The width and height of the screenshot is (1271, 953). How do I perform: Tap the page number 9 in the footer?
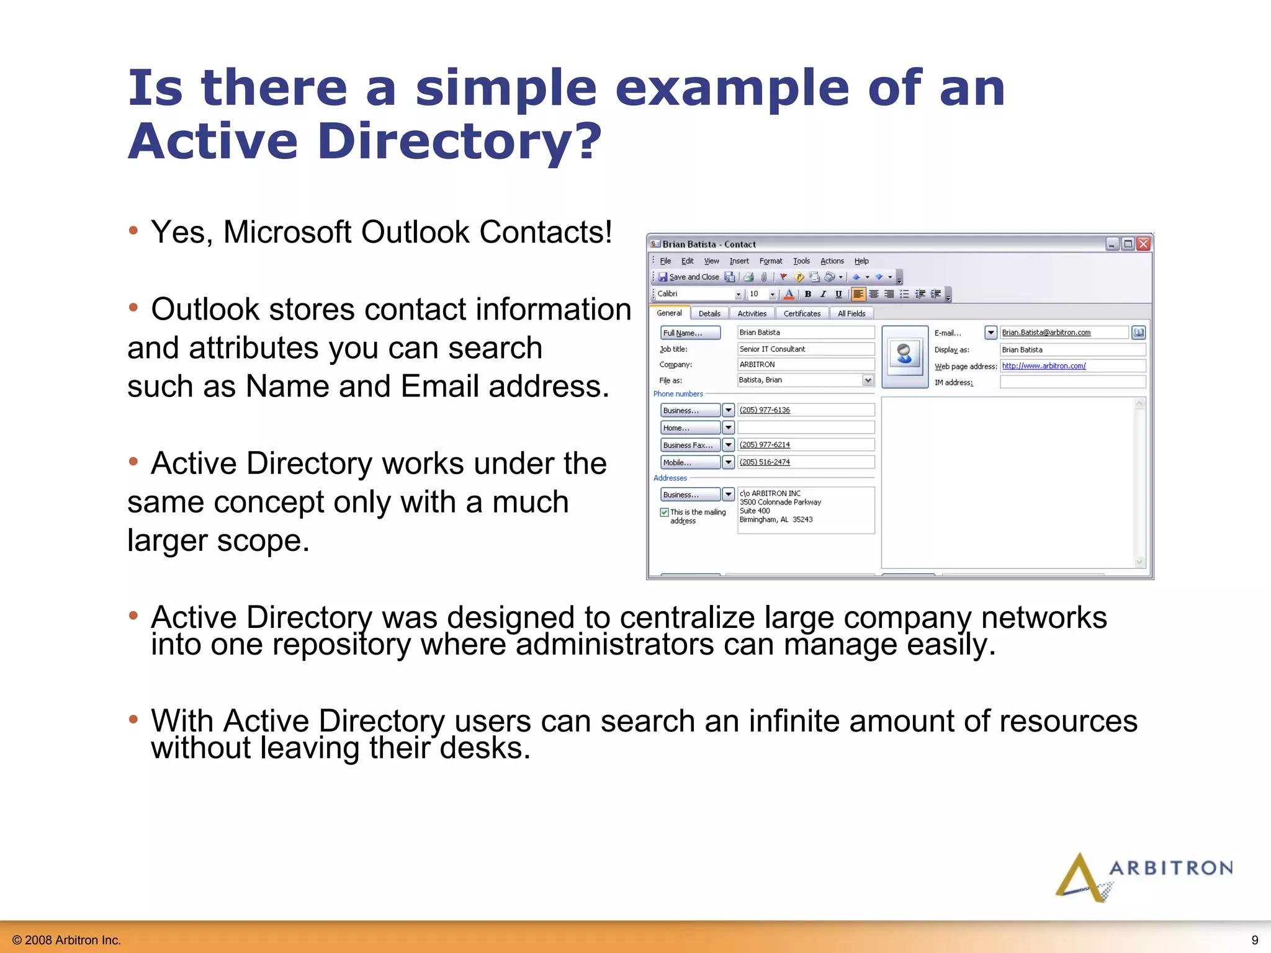[x=1254, y=940]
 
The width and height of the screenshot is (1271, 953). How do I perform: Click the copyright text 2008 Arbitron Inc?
[x=66, y=940]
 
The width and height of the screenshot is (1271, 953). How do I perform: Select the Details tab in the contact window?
[x=709, y=314]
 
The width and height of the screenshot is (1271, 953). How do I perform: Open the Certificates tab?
[x=802, y=314]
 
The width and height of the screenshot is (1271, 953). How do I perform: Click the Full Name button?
[x=689, y=333]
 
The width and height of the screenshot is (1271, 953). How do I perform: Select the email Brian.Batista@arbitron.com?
[x=1046, y=333]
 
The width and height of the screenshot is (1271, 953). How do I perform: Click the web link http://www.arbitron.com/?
[x=1043, y=366]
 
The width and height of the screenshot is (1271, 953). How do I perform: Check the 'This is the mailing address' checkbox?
[x=664, y=512]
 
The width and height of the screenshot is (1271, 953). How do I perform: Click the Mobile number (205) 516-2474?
[x=765, y=462]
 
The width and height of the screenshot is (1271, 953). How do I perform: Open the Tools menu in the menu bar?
[x=801, y=261]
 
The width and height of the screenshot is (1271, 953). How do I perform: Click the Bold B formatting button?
[x=808, y=294]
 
